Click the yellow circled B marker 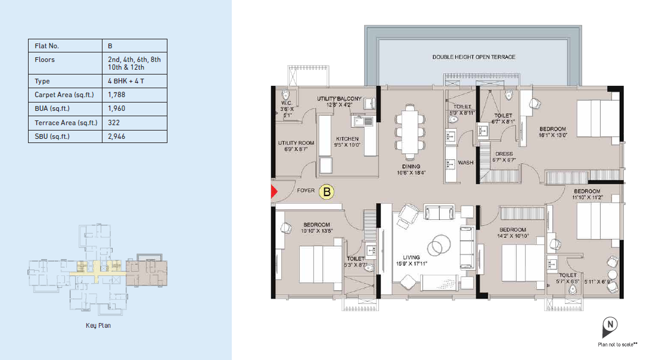tap(327, 192)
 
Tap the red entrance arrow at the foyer tap(274, 192)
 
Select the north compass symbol tap(610, 327)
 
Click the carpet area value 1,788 tap(117, 95)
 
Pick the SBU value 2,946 tap(117, 136)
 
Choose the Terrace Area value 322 tap(114, 123)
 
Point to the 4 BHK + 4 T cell tap(126, 81)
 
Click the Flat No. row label tap(46, 46)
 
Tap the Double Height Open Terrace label tap(474, 57)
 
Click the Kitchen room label tap(347, 139)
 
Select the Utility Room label tap(296, 143)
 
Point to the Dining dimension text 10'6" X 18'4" tap(411, 173)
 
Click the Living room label tap(411, 257)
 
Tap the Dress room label tap(504, 154)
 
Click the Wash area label tap(465, 162)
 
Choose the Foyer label tap(306, 190)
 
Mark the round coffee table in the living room tap(439, 246)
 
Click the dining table tap(410, 132)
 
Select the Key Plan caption tap(98, 325)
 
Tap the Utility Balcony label tap(339, 98)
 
